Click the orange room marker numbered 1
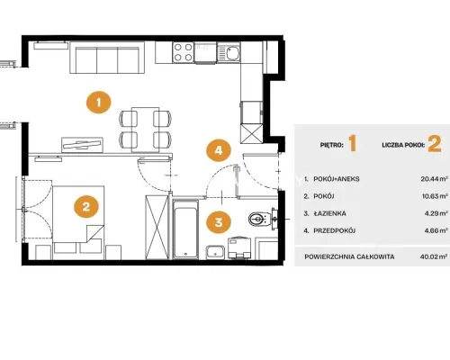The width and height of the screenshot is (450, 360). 99,103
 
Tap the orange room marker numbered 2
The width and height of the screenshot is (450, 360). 86,206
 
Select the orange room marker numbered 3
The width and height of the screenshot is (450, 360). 219,222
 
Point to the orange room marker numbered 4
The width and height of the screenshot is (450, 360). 219,150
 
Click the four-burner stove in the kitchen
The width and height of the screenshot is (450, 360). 184,52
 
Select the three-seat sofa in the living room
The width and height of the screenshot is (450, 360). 107,58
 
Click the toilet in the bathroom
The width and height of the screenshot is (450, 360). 260,219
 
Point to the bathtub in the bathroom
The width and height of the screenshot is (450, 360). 185,229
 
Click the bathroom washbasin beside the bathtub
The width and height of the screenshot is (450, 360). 215,252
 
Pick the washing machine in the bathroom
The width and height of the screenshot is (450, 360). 239,247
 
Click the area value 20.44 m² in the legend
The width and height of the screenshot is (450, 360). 435,179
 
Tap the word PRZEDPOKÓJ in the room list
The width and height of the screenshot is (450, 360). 335,230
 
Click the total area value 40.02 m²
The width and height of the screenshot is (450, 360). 434,256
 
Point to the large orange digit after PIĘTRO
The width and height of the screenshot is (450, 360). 353,143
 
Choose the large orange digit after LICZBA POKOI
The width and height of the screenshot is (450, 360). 435,144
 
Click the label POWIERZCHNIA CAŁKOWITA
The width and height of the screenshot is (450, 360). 349,257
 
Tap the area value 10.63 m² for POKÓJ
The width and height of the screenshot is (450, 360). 435,196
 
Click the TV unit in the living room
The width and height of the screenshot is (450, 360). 82,145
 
